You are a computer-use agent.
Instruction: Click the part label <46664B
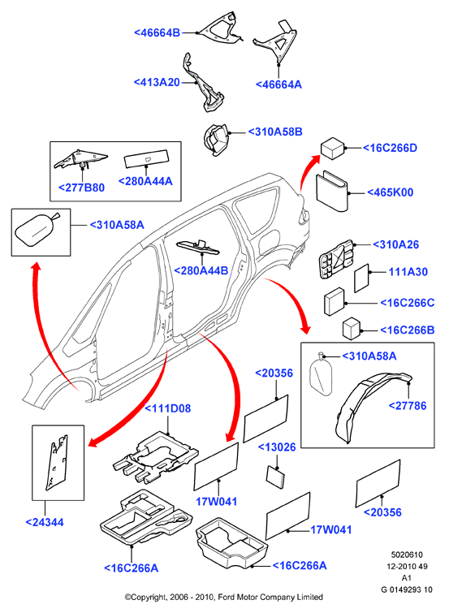[158, 32]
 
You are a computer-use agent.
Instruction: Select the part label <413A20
[157, 82]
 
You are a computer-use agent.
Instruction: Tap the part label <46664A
[278, 84]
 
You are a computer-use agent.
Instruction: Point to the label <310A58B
[275, 132]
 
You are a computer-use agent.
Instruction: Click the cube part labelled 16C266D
[332, 149]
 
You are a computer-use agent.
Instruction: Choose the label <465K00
[391, 192]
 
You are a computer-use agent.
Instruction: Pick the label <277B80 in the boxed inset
[82, 188]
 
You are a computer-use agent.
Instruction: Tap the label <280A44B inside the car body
[201, 270]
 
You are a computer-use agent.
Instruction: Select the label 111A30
[408, 272]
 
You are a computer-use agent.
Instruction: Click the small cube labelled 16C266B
[352, 328]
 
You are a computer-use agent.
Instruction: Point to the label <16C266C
[408, 303]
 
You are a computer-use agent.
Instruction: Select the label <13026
[277, 447]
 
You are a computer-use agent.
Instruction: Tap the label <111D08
[168, 408]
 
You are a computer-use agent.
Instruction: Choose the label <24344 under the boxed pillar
[45, 522]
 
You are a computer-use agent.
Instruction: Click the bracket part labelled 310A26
[338, 260]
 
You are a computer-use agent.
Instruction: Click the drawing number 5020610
[407, 555]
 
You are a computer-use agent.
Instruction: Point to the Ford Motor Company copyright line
[224, 598]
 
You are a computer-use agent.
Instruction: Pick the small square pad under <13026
[276, 477]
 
